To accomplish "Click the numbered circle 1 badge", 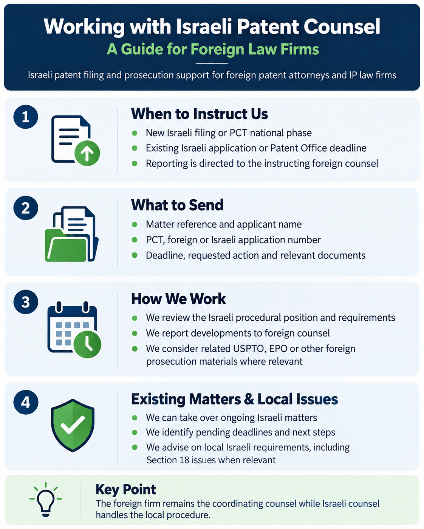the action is (26, 117).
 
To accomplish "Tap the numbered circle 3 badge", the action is (26, 301).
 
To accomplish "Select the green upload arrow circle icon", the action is (87, 153).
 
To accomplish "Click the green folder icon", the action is (67, 245).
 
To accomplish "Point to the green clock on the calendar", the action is (87, 344).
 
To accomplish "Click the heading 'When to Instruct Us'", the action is (200, 114).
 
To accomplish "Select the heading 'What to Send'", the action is (177, 205).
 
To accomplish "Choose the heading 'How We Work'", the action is (178, 299).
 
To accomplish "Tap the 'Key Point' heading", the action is (125, 489).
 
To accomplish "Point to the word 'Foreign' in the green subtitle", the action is (218, 49).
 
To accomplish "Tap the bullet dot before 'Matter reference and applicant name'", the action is (135, 225).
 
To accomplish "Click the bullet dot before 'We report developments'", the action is (135, 333).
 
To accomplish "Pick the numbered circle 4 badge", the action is (26, 402).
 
